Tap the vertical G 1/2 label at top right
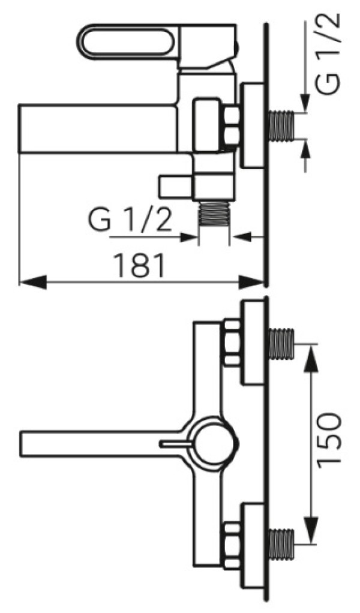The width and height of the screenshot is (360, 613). [x=328, y=55]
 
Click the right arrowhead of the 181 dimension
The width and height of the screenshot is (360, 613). [x=251, y=283]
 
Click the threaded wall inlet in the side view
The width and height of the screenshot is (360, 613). [x=281, y=127]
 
